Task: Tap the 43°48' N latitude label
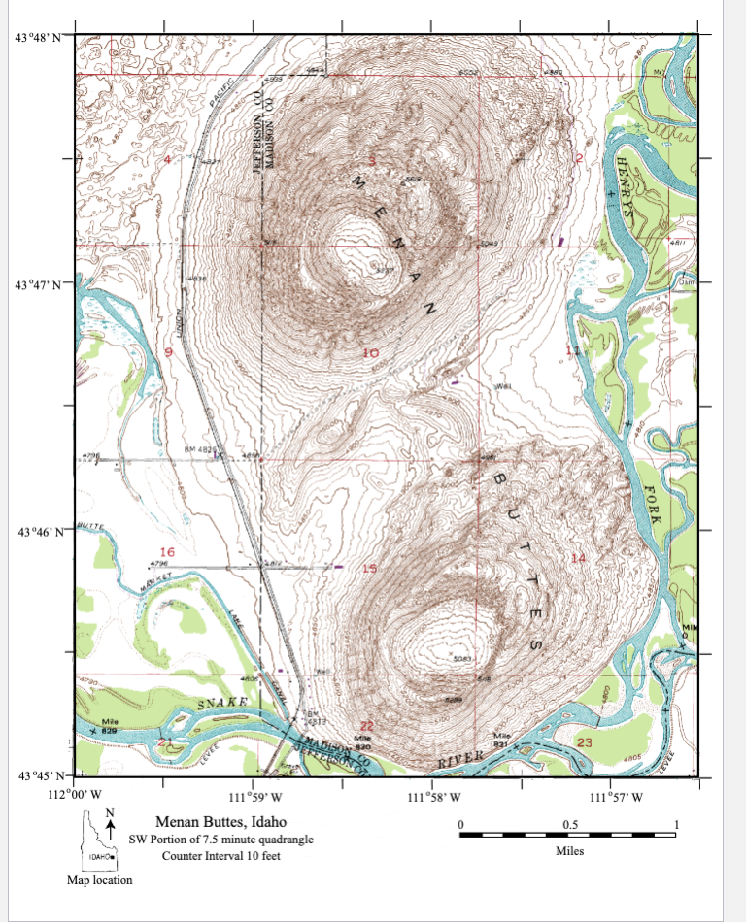click(38, 38)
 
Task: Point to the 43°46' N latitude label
click(38, 532)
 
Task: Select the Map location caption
click(99, 880)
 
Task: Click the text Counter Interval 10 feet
click(220, 855)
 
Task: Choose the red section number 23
click(584, 742)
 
